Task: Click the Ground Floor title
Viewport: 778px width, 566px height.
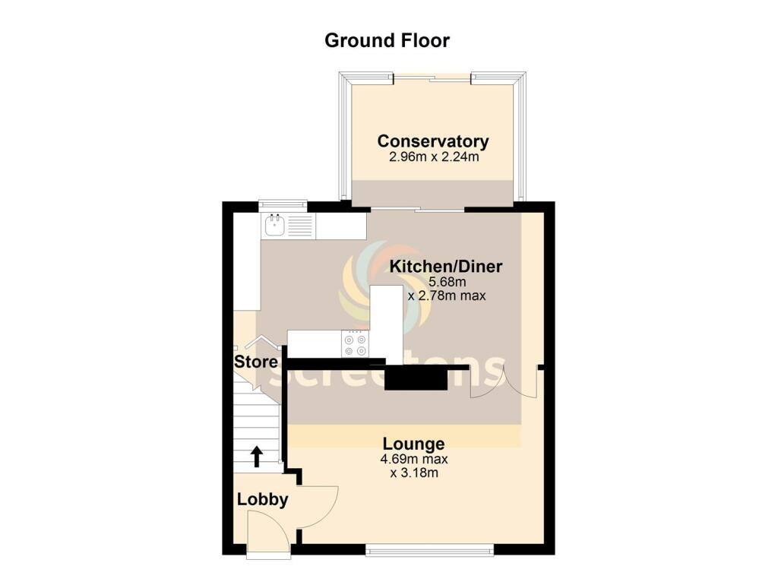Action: [x=387, y=40]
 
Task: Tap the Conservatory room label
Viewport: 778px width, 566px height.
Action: [x=433, y=141]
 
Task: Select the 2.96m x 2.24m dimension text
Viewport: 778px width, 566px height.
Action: [x=434, y=157]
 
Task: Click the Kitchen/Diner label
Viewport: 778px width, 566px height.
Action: [x=445, y=267]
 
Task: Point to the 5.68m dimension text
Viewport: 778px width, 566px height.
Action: [x=447, y=283]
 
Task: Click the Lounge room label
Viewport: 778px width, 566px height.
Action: [x=414, y=444]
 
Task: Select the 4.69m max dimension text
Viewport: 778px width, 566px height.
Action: [x=414, y=460]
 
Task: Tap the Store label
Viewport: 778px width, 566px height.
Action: [x=256, y=362]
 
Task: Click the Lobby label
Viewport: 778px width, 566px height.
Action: [x=262, y=499]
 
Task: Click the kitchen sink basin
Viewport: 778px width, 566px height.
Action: [x=274, y=226]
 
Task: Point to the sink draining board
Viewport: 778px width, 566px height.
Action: [x=299, y=226]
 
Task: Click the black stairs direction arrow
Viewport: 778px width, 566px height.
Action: [x=257, y=457]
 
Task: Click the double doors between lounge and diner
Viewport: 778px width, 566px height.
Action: [x=504, y=381]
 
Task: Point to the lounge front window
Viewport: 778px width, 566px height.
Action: [x=430, y=549]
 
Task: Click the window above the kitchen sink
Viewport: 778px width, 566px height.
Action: [x=283, y=204]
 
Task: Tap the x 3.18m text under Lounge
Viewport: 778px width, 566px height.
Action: [x=414, y=473]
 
